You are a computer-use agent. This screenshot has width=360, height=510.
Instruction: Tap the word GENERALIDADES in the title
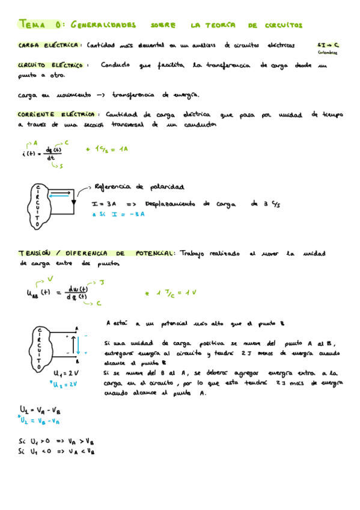click(x=103, y=25)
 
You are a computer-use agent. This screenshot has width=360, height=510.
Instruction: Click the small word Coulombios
click(x=328, y=52)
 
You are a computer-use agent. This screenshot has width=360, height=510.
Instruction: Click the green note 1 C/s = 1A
click(x=108, y=149)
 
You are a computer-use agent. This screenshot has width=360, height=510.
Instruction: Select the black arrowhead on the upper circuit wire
click(x=73, y=203)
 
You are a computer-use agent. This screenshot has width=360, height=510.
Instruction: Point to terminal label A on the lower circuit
click(x=77, y=328)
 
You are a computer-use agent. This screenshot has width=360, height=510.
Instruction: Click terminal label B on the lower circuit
click(x=77, y=362)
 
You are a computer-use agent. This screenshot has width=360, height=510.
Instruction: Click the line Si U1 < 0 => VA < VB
click(x=56, y=451)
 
